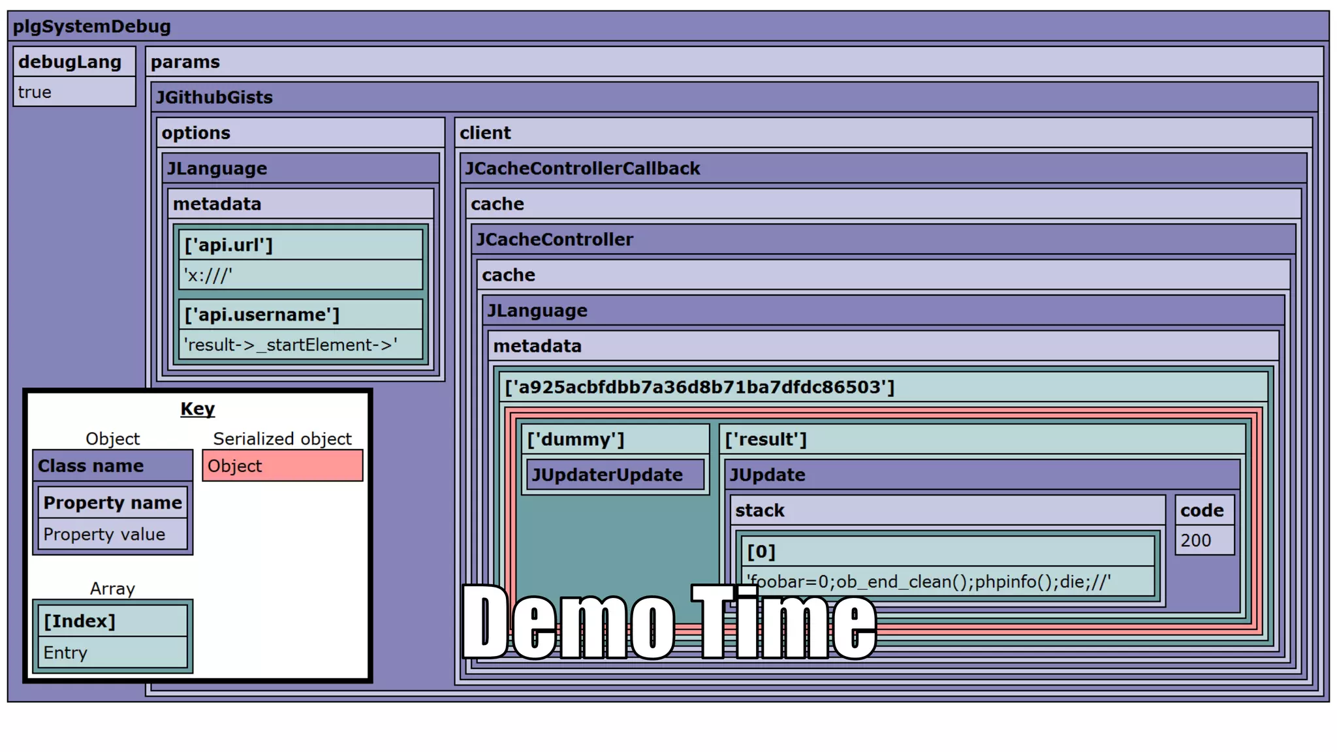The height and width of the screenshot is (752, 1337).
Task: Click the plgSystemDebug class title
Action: click(92, 27)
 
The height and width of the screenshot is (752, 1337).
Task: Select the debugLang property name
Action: click(70, 62)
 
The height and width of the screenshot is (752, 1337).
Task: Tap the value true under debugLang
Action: click(35, 92)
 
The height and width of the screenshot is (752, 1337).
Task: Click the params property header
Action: click(185, 62)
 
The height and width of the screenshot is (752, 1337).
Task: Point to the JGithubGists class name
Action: click(214, 97)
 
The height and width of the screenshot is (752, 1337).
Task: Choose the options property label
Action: click(196, 133)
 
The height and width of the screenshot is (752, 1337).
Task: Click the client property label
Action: click(485, 133)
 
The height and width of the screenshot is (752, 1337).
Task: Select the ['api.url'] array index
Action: click(228, 245)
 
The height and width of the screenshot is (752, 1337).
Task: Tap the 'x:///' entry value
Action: click(208, 275)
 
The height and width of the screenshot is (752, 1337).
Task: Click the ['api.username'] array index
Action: click(262, 315)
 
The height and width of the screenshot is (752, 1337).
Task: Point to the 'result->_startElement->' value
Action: click(291, 345)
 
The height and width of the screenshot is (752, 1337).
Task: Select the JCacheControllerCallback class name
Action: click(582, 168)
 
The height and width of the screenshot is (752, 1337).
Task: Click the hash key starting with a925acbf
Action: click(699, 387)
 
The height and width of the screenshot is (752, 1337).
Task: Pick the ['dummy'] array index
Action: click(575, 439)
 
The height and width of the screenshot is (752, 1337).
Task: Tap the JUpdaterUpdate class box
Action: click(607, 475)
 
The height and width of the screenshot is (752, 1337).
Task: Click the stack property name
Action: click(759, 510)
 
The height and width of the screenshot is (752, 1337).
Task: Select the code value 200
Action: click(1195, 540)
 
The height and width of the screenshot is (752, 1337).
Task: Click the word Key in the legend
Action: click(197, 409)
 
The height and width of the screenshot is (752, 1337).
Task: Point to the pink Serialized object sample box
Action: click(282, 465)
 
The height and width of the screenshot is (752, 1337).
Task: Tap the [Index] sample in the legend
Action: click(80, 621)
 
